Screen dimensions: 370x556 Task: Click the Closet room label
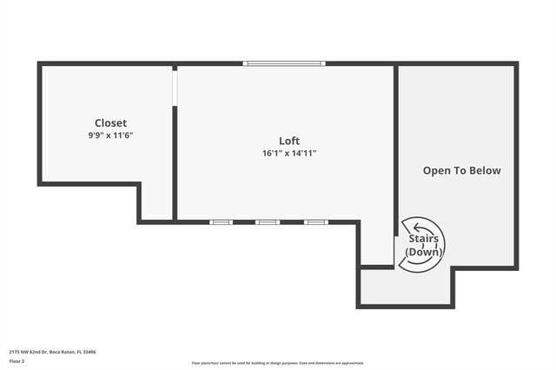click(x=110, y=123)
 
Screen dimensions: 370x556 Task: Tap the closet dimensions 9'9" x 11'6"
click(x=110, y=135)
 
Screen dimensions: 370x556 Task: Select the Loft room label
click(x=289, y=141)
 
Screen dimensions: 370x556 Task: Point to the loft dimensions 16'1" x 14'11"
click(x=289, y=153)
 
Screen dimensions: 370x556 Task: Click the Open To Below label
click(x=461, y=170)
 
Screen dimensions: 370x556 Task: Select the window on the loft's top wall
click(x=284, y=63)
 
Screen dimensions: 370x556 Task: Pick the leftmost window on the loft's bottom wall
click(x=222, y=222)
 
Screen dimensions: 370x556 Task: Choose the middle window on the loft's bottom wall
click(x=268, y=222)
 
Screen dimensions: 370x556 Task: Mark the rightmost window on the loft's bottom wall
click(x=315, y=222)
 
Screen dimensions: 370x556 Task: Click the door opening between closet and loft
click(x=175, y=87)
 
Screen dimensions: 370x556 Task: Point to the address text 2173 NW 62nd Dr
click(x=27, y=352)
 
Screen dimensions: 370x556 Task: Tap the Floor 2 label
click(x=17, y=360)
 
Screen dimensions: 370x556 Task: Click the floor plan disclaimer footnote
click(x=278, y=363)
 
